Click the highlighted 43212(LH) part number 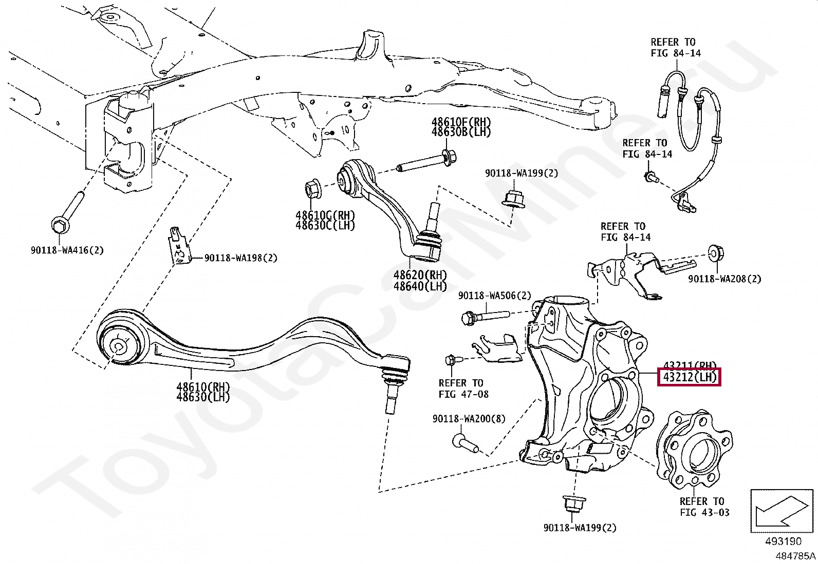pyautogui.click(x=690, y=377)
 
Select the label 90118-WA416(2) pyautogui.click(x=67, y=250)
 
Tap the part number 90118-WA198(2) pyautogui.click(x=240, y=258)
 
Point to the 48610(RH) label pyautogui.click(x=203, y=387)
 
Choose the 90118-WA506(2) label pyautogui.click(x=494, y=296)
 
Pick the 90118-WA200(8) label pyautogui.click(x=469, y=419)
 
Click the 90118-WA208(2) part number pyautogui.click(x=724, y=279)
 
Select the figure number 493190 pyautogui.click(x=783, y=541)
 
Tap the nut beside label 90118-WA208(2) pyautogui.click(x=714, y=254)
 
